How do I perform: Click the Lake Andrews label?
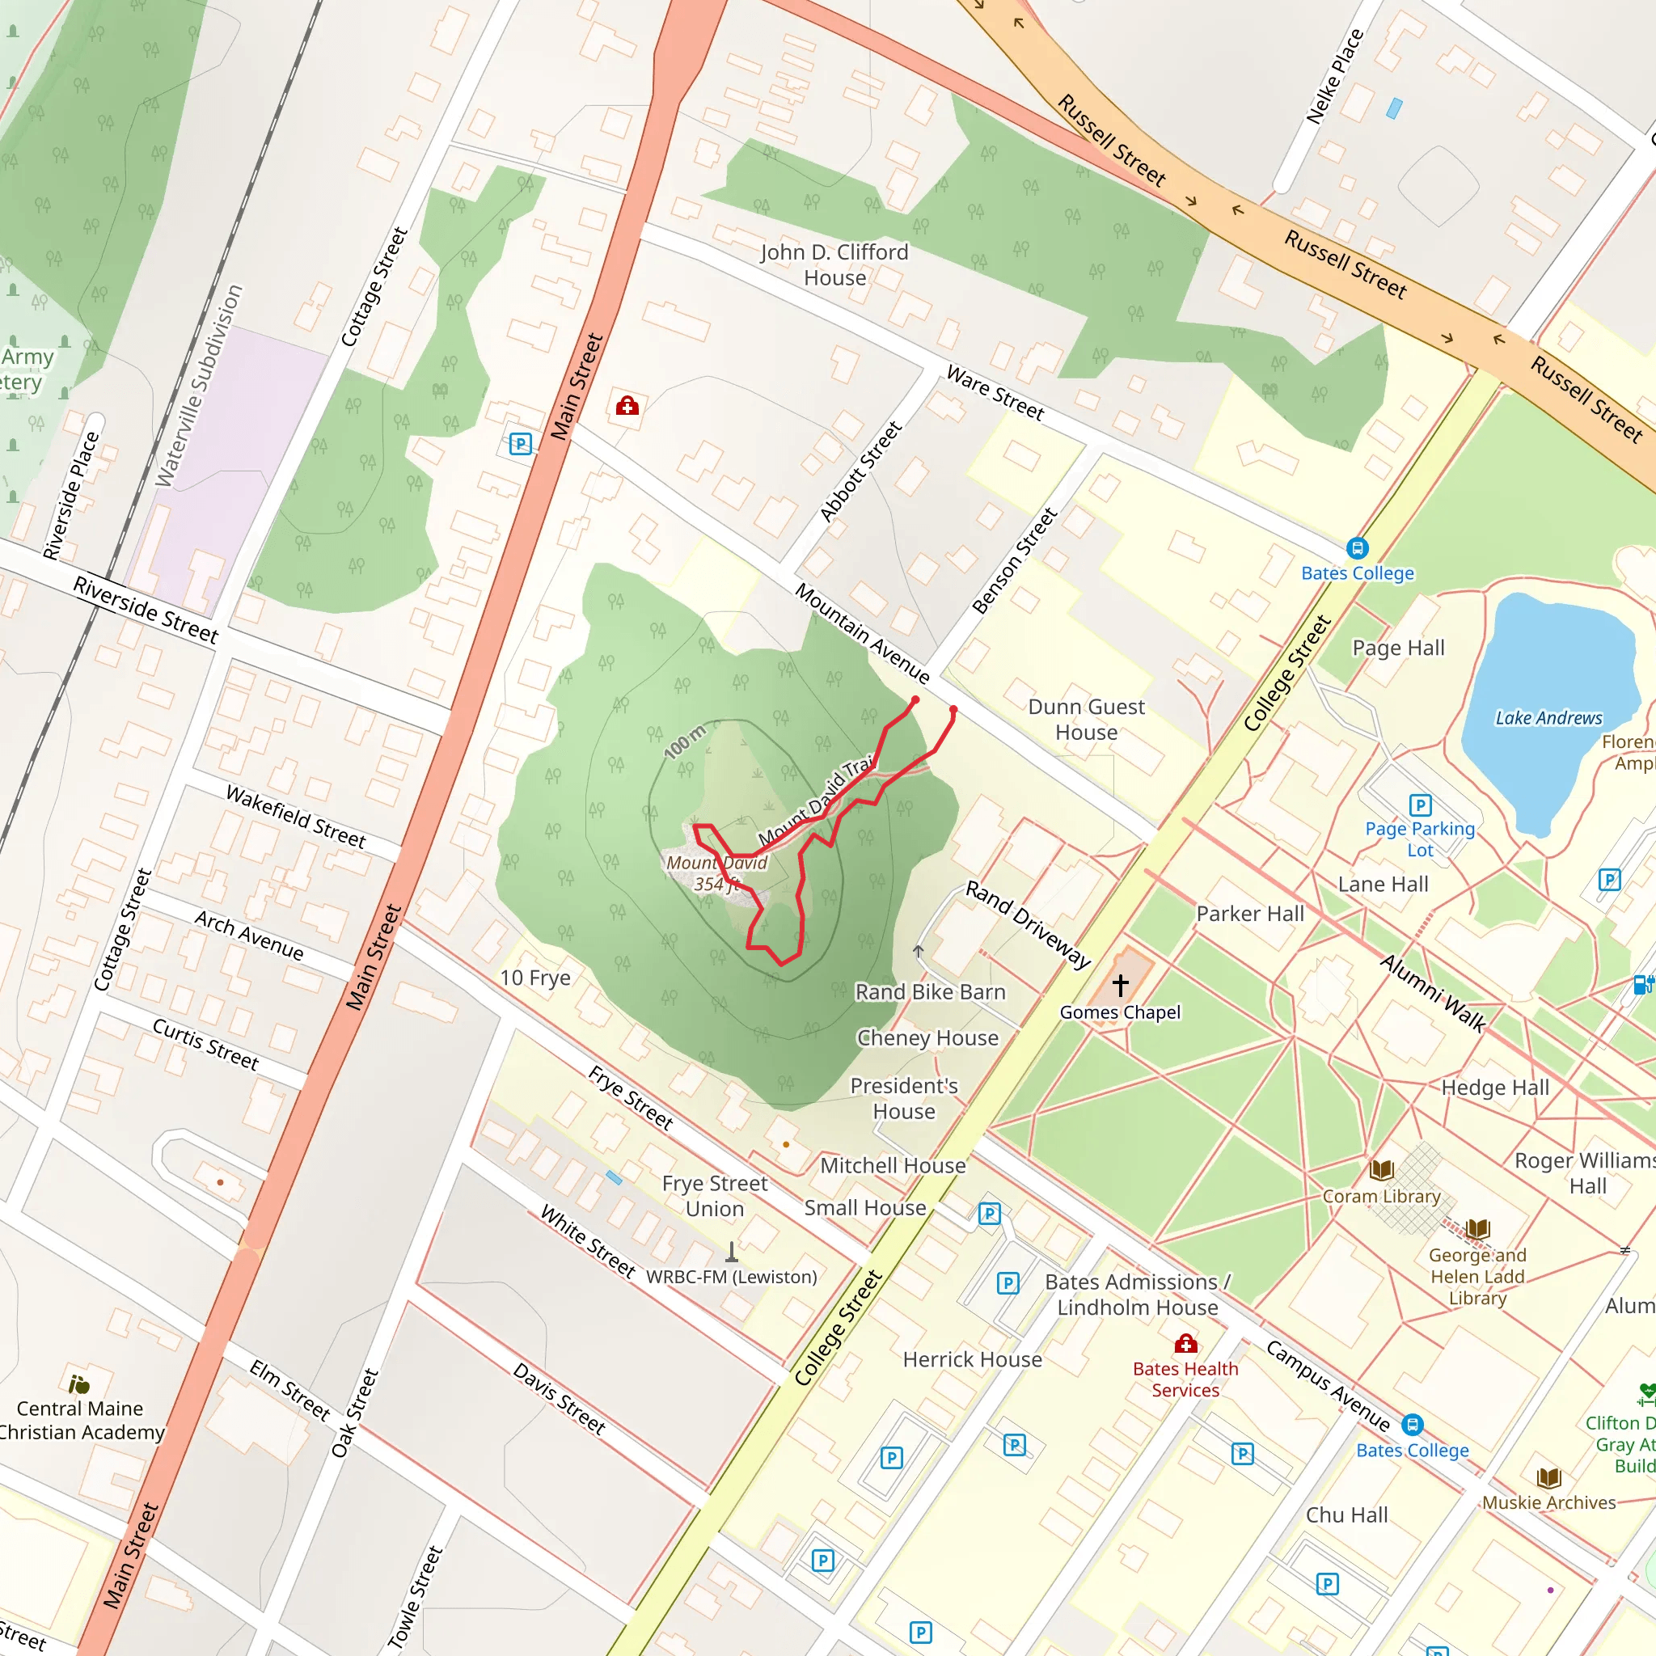(1548, 718)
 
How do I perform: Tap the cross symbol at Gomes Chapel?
(1120, 985)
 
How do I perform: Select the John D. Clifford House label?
(834, 265)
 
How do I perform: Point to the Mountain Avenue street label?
(861, 632)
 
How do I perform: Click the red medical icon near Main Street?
(627, 405)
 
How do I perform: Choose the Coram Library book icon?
(1381, 1170)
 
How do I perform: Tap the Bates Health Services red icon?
(1185, 1343)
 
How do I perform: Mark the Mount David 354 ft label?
(716, 873)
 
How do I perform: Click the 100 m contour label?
(685, 741)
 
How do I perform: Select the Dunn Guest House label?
(1086, 719)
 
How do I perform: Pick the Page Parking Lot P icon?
(1419, 805)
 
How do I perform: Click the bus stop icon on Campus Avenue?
(1413, 1425)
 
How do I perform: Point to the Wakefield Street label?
(296, 816)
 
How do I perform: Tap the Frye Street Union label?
(715, 1196)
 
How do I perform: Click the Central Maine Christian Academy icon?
(79, 1384)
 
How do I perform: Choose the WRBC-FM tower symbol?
(731, 1253)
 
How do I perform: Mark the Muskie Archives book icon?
(1548, 1478)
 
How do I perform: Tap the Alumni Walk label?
(1432, 993)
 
